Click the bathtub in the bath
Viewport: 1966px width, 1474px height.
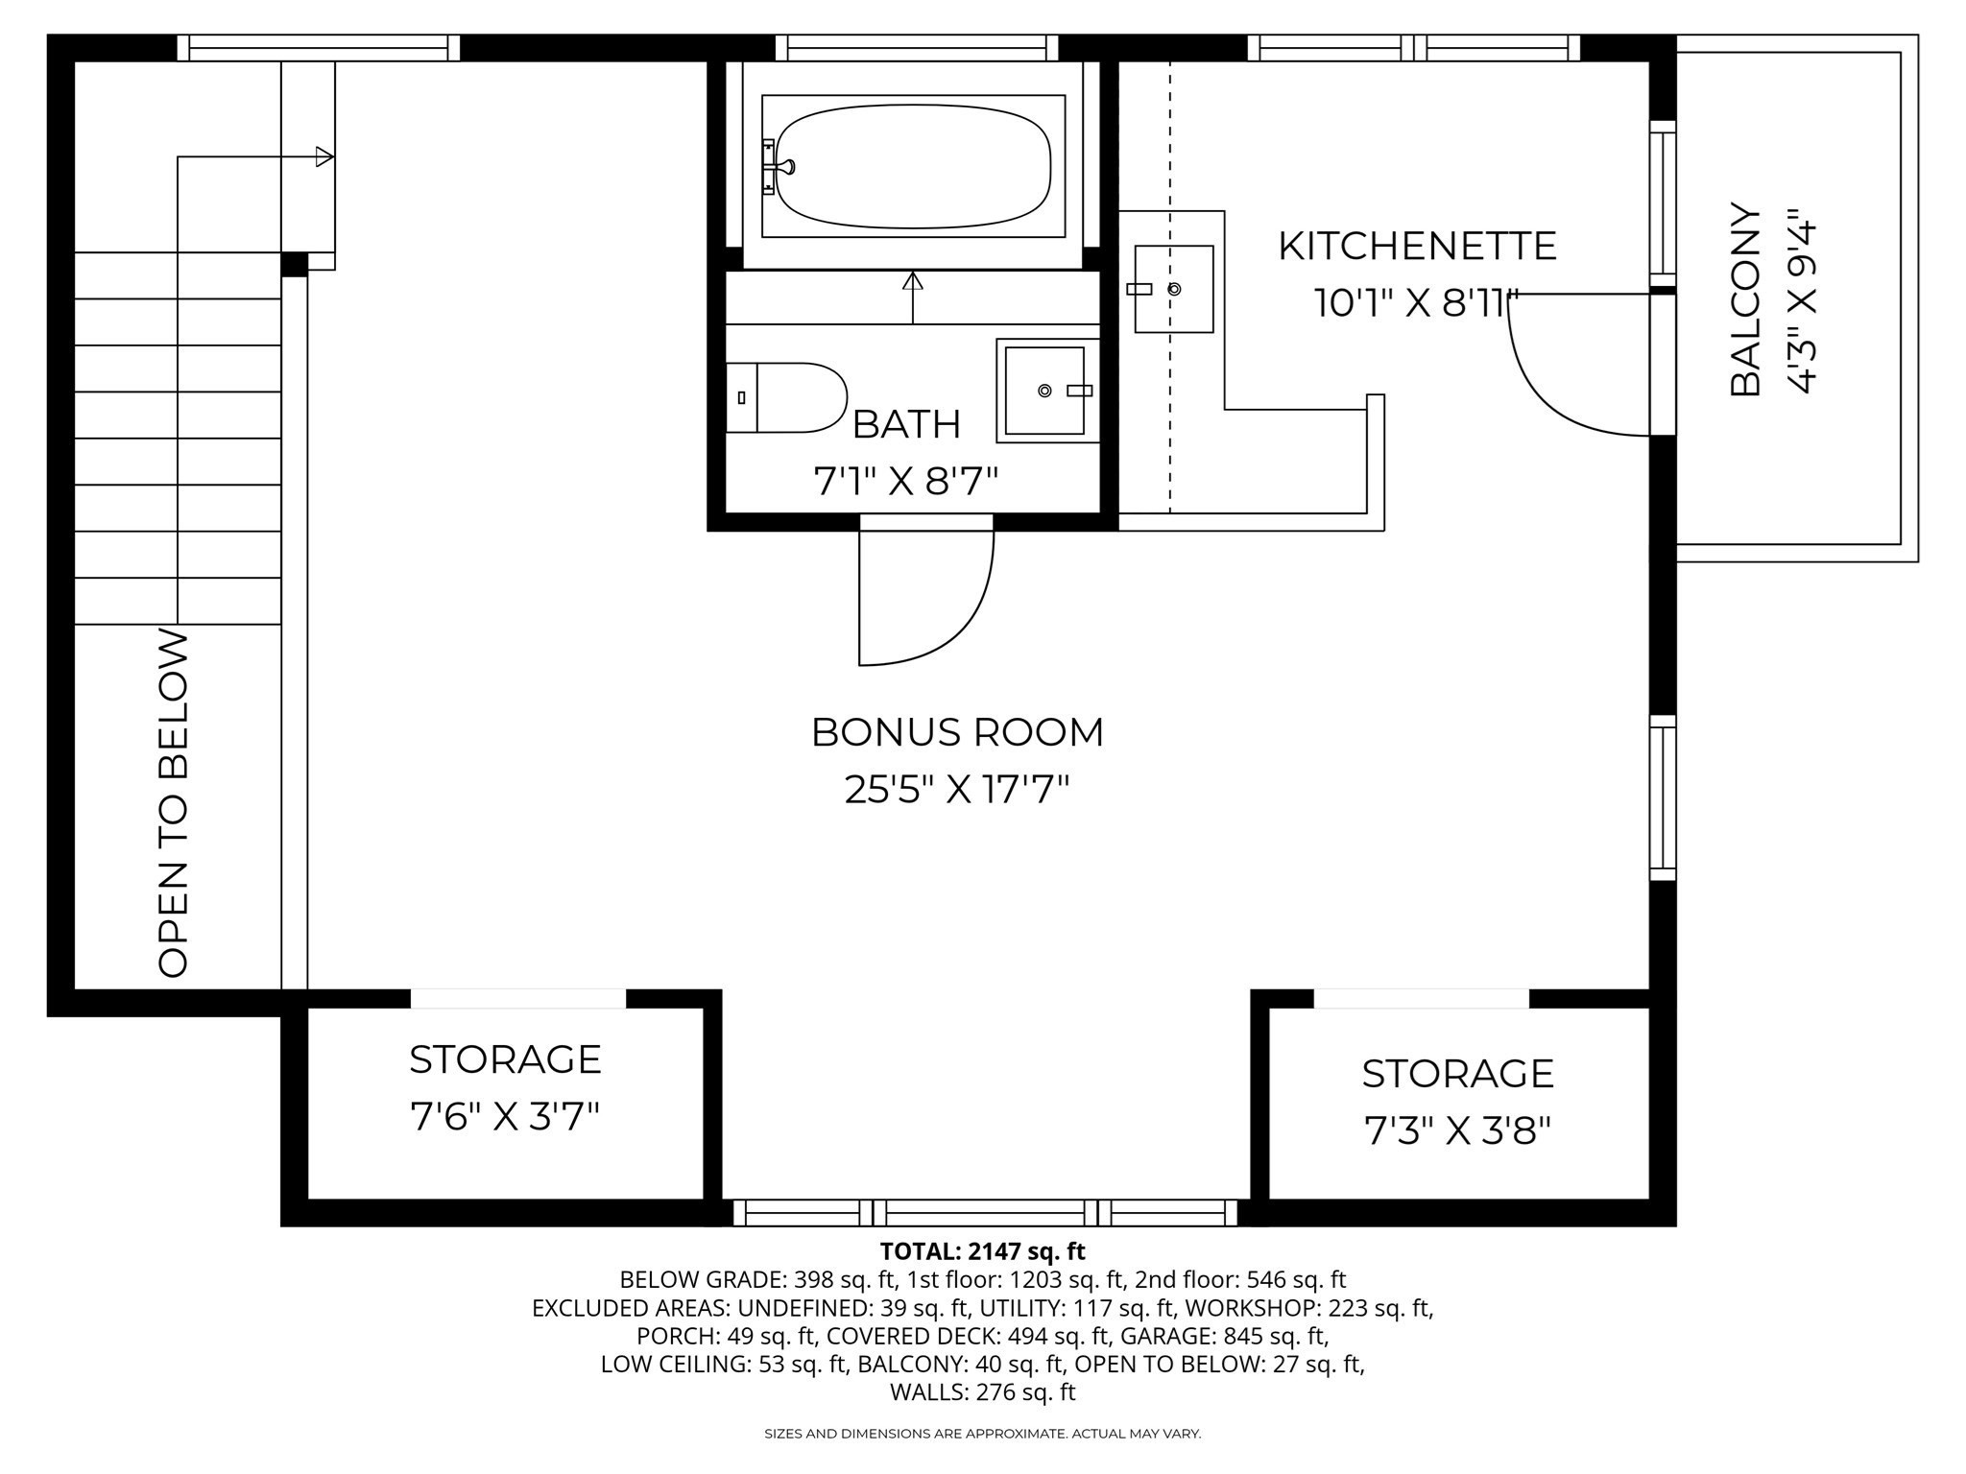(912, 166)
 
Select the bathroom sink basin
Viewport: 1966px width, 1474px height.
(1044, 391)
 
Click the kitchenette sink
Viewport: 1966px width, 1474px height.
(1173, 289)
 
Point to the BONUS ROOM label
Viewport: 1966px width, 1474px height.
(957, 732)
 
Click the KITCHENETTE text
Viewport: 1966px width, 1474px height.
(1416, 247)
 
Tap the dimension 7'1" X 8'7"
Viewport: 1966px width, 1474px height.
(906, 481)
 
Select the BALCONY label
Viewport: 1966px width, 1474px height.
(1746, 299)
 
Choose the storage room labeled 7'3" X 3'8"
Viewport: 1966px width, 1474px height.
(1457, 1104)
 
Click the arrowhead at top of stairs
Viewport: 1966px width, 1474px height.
(324, 156)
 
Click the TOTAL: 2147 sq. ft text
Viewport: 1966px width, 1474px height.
(982, 1251)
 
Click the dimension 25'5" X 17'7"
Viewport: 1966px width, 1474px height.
(957, 790)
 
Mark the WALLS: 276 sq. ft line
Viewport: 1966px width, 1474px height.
(982, 1391)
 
